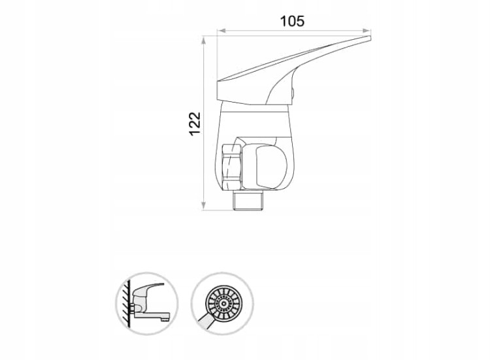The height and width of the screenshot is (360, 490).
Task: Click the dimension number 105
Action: click(x=292, y=22)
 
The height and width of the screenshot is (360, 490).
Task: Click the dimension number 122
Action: click(x=195, y=123)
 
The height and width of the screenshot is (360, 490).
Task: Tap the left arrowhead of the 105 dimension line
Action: click(x=221, y=31)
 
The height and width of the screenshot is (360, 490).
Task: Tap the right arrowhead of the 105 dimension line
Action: click(x=367, y=31)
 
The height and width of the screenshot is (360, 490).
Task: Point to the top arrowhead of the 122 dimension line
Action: click(x=203, y=40)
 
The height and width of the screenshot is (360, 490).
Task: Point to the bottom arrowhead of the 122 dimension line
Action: click(x=203, y=206)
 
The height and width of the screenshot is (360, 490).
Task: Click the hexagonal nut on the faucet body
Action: click(x=232, y=167)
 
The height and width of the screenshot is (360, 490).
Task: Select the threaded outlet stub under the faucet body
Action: click(x=248, y=201)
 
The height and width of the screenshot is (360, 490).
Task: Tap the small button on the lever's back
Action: click(x=293, y=93)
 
